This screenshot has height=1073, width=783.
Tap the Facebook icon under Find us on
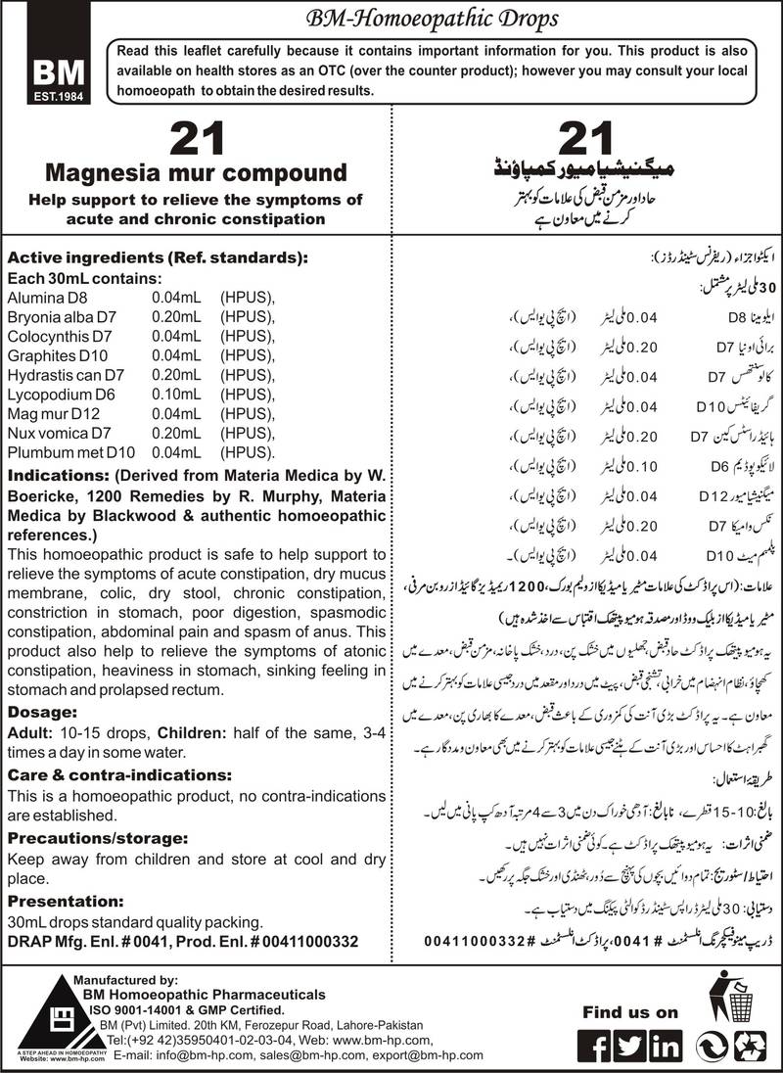click(x=597, y=1047)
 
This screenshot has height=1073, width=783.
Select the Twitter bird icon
click(x=631, y=1047)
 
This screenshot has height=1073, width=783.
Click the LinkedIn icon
click(x=666, y=1047)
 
